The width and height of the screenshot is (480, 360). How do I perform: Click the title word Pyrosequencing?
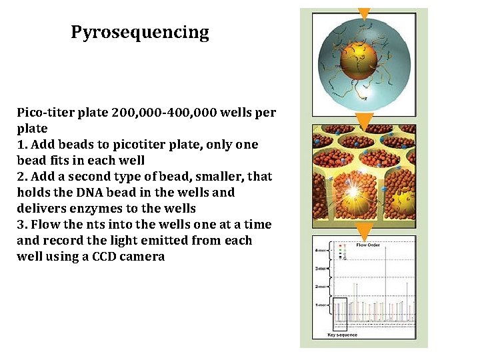click(140, 33)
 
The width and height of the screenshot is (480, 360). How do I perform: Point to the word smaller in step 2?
click(214, 177)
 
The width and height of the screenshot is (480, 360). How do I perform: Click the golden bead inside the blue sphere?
click(360, 62)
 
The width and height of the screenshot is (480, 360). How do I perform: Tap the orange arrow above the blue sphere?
click(364, 13)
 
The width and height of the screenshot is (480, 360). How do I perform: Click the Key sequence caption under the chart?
click(342, 335)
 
